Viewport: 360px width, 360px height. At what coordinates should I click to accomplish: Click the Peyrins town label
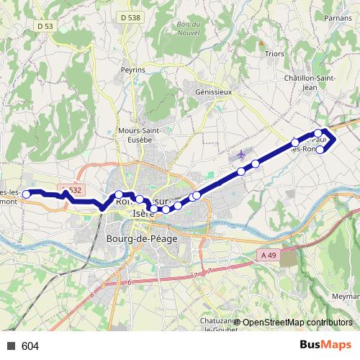pos(133,70)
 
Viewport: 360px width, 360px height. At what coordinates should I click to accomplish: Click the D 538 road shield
pos(130,17)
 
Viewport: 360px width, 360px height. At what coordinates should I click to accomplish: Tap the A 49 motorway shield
pos(269,255)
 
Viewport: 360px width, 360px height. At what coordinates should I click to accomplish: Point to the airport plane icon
pos(240,153)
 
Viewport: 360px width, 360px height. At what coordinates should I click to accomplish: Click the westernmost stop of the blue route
pos(27,194)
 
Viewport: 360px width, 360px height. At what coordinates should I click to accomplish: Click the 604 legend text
pos(30,346)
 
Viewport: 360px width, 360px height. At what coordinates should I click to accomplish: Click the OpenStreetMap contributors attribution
pos(297,322)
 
